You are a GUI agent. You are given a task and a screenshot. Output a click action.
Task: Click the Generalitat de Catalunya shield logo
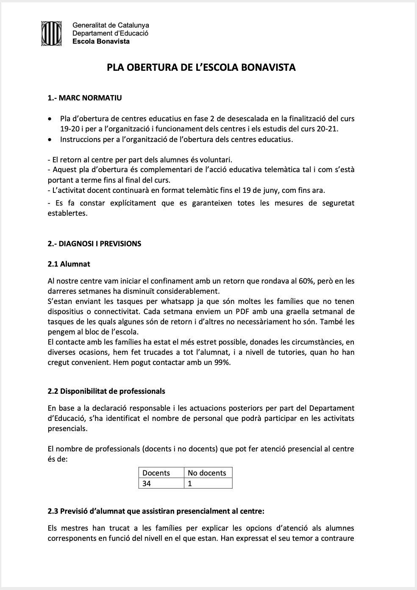point(51,33)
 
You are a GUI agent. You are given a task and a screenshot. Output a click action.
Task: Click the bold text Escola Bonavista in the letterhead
point(101,42)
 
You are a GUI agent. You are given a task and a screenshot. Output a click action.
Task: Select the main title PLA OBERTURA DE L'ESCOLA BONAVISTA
point(201,67)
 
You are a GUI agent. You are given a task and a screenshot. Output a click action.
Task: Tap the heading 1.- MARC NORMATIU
point(85,98)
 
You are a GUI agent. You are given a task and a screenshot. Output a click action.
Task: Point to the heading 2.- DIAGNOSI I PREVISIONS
point(94,244)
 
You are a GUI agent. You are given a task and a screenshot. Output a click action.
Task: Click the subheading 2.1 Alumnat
point(69,264)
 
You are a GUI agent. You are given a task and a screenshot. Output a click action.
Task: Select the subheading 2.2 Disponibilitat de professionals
point(106,391)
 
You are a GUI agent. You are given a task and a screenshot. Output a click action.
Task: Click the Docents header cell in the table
point(156,473)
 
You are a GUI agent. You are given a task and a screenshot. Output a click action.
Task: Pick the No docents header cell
point(207,473)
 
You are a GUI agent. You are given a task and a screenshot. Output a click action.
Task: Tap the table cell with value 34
point(147,483)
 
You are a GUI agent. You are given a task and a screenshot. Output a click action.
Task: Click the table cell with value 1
point(190,483)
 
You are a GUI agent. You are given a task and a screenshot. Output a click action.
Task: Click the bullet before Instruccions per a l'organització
point(51,139)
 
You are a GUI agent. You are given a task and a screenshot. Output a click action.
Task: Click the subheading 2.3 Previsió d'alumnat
point(156,511)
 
